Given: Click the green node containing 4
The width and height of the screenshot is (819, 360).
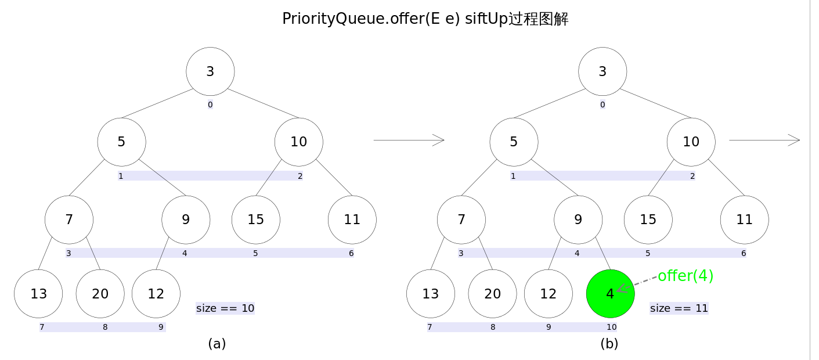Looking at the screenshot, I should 610,294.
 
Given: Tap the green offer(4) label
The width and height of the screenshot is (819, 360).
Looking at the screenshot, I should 685,276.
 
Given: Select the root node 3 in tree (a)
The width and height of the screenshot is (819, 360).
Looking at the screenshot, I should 210,71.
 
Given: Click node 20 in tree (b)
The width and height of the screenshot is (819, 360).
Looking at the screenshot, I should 492,294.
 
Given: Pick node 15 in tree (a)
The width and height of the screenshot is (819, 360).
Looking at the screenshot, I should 255,219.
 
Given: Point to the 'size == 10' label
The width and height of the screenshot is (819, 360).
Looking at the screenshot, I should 225,308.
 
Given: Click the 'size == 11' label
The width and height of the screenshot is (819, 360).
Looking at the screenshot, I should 679,308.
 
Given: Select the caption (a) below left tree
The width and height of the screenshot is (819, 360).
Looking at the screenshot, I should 217,344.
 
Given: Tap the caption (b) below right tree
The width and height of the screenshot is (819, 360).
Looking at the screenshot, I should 609,344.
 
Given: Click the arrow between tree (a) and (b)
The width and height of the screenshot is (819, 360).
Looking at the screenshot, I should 409,140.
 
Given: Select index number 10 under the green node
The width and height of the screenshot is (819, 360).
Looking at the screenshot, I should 611,327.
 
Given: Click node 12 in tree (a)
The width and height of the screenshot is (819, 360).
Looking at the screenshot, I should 156,294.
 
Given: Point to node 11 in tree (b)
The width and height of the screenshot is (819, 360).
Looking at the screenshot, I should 744,219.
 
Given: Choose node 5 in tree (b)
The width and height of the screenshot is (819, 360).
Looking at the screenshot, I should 514,142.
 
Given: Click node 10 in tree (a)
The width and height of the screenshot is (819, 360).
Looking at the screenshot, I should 298,142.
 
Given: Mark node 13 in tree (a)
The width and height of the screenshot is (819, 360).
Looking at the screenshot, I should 38,294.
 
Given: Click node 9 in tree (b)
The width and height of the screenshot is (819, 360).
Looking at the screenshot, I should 578,219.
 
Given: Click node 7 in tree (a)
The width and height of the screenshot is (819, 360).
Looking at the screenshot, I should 69,219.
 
